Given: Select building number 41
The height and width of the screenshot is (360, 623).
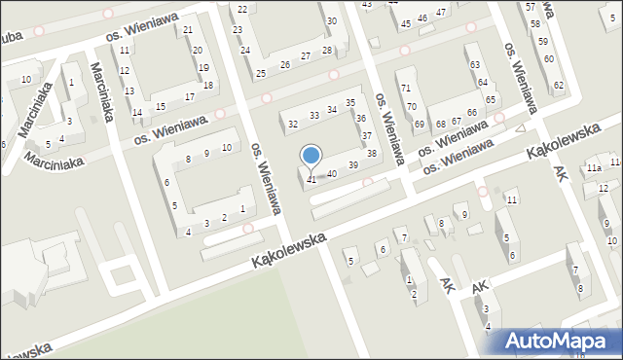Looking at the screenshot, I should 311,180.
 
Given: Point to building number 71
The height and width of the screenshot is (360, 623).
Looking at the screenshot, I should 405,89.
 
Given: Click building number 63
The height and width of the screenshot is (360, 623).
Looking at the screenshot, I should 474,64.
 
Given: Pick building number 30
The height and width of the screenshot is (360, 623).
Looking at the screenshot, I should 332,20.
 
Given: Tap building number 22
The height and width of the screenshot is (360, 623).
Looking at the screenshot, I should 241,9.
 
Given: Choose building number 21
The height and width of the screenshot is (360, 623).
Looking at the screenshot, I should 188,30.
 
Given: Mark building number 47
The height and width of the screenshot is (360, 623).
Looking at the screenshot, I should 441,12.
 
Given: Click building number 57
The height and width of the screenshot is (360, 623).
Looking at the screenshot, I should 530,7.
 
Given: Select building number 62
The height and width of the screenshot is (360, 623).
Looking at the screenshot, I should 559,86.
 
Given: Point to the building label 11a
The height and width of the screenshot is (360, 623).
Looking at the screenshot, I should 593,168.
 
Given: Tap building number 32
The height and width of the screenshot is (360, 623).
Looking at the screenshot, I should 292,125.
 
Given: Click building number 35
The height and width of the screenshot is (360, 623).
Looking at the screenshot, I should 350,103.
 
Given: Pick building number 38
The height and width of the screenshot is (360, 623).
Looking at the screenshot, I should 371,154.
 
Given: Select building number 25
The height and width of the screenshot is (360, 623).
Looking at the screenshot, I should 261,74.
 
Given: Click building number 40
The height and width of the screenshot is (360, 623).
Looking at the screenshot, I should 332,173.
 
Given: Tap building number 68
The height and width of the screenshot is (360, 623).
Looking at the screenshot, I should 441,124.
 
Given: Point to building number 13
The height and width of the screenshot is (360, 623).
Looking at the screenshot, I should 129,90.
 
